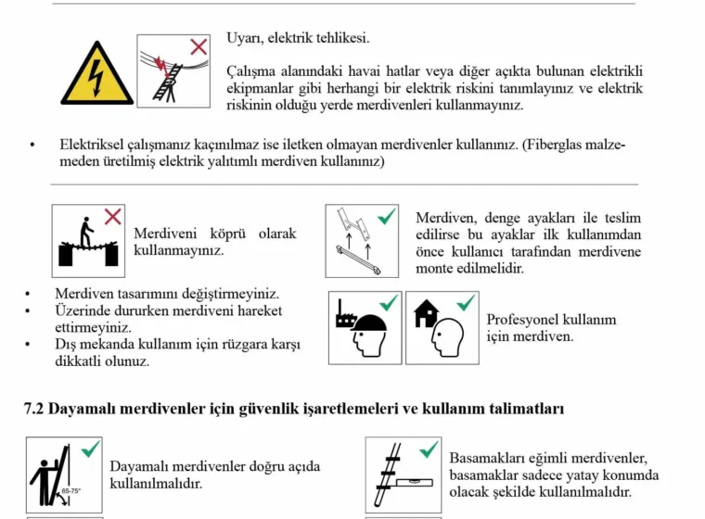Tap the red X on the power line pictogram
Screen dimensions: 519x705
[x=198, y=46]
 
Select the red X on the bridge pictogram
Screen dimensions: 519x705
[x=112, y=217]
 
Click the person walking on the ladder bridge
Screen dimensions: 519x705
[x=85, y=232]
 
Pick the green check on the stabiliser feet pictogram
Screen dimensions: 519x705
[x=385, y=216]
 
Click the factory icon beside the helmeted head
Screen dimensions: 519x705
[x=345, y=318]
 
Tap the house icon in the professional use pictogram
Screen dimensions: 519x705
[x=426, y=314]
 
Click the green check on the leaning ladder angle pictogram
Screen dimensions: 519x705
[x=91, y=450]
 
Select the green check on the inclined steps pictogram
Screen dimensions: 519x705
[x=428, y=449]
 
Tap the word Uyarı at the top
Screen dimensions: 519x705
[x=244, y=38]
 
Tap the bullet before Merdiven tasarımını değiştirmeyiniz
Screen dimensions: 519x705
[x=30, y=294]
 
